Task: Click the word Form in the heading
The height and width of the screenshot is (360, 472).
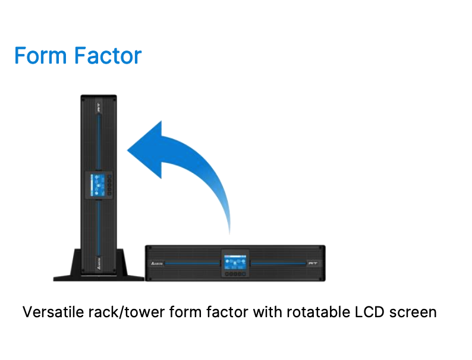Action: [x=40, y=56]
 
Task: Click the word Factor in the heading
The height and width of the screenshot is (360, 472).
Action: [x=108, y=56]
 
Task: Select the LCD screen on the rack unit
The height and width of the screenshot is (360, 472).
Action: [x=235, y=262]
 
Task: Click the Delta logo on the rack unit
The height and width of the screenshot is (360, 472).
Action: [x=156, y=263]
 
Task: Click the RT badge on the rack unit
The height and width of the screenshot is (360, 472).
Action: [x=313, y=263]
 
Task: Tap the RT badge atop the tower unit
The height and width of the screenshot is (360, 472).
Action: [x=99, y=108]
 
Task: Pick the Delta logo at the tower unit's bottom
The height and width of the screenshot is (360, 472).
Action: [x=99, y=263]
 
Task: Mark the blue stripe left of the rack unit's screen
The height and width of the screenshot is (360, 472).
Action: [x=193, y=263]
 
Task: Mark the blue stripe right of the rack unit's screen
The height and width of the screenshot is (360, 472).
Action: [x=278, y=263]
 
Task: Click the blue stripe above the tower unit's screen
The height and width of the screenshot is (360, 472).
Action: [x=99, y=141]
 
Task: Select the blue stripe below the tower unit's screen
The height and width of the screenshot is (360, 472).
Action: [x=99, y=227]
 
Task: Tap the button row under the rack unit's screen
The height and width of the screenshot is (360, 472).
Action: [x=235, y=274]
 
